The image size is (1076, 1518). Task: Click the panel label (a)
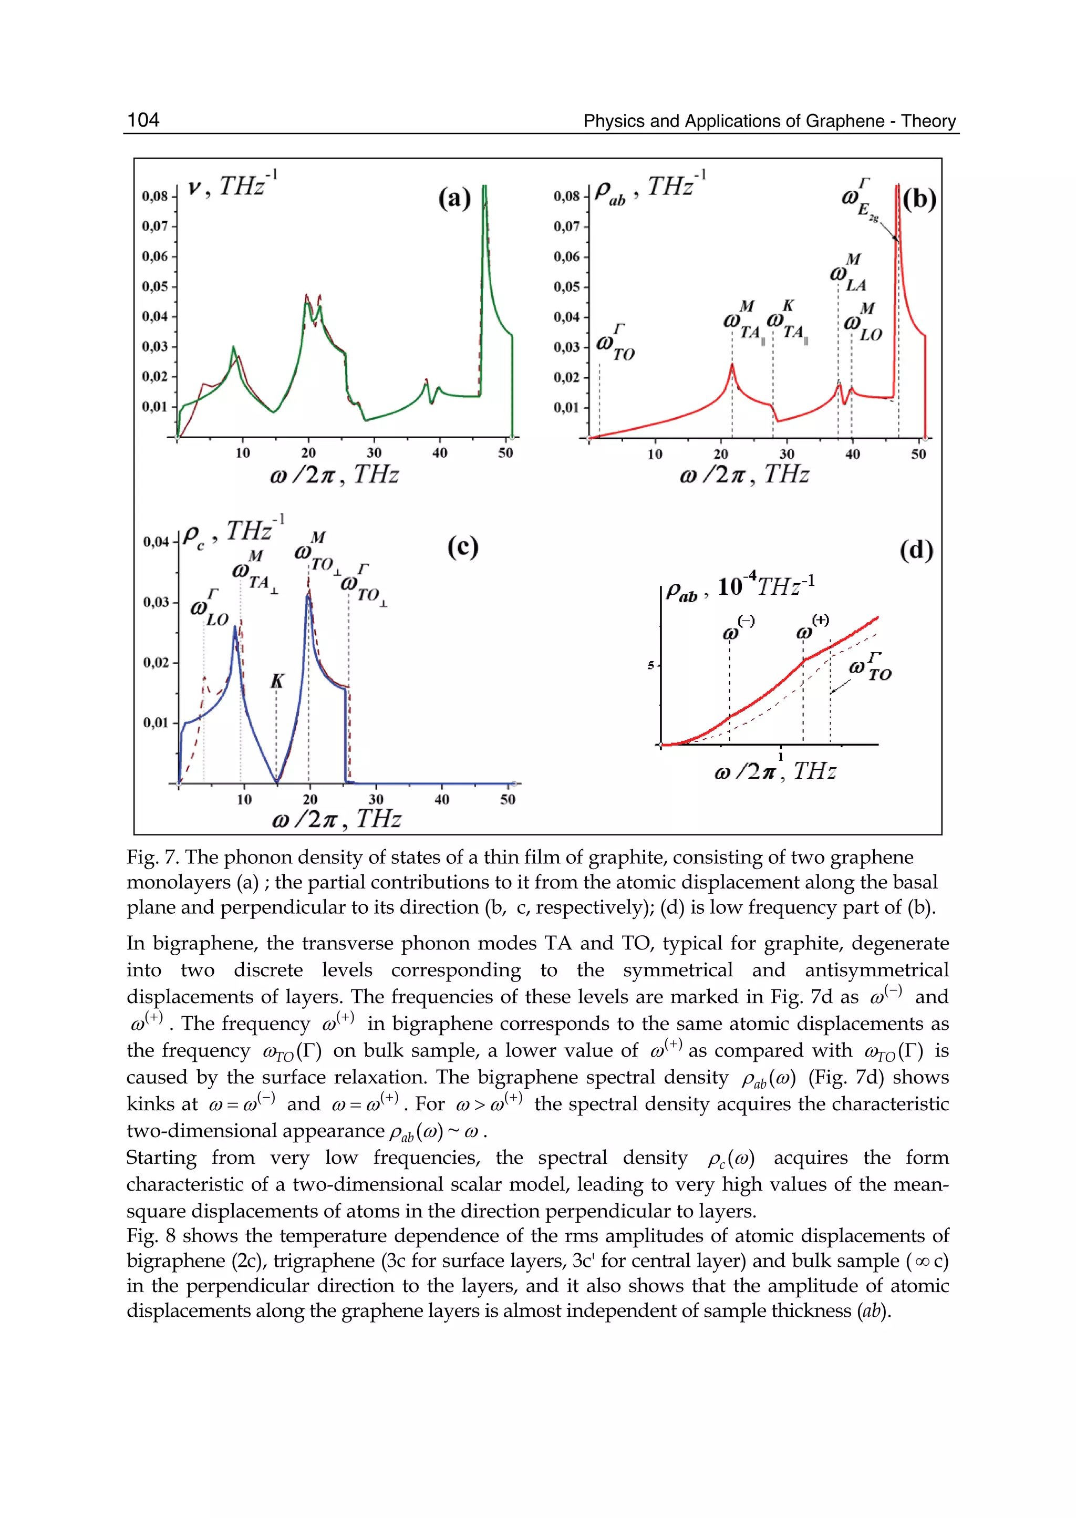pos(454,198)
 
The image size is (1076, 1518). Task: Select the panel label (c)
pos(462,548)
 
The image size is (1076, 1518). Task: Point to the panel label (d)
pos(916,550)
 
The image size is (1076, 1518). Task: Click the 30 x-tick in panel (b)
pos(787,455)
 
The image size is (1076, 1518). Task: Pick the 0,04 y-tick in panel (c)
pos(157,542)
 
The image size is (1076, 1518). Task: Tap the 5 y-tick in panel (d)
pos(650,665)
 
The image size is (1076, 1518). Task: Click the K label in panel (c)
pos(277,681)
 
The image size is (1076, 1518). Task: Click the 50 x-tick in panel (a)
pos(505,453)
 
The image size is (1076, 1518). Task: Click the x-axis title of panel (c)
pos(337,820)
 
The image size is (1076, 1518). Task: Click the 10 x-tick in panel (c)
pos(244,800)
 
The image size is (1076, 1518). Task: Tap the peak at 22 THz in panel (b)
pos(732,365)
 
